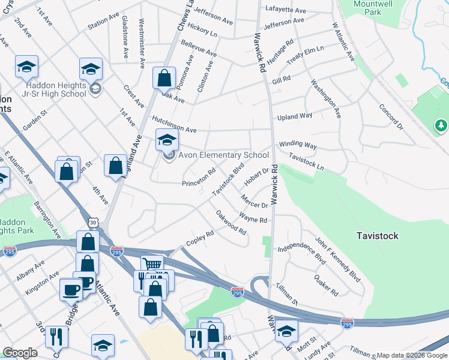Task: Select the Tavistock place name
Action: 377,236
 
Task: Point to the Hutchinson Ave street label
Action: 174,125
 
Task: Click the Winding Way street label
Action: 297,145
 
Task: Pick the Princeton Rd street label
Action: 199,178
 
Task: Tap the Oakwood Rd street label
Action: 231,222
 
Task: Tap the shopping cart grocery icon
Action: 152,264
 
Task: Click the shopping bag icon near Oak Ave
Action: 164,78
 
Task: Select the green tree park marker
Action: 441,125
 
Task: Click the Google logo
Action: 20,353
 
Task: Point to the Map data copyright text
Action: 411,355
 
